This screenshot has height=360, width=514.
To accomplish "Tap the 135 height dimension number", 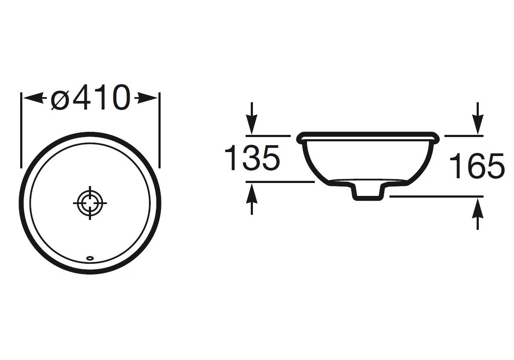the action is click(x=252, y=158).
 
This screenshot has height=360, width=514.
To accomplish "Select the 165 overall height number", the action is click(x=477, y=166).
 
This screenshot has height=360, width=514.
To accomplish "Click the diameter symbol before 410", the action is click(x=60, y=100).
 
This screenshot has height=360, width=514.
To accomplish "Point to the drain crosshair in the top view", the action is click(x=90, y=203).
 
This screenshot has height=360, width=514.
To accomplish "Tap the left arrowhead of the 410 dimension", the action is click(x=33, y=98).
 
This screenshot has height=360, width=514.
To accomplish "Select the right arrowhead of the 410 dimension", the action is click(x=147, y=98).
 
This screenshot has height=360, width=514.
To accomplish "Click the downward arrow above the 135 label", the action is click(x=252, y=118).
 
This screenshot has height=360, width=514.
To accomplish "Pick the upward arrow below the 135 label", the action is click(x=252, y=199).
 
